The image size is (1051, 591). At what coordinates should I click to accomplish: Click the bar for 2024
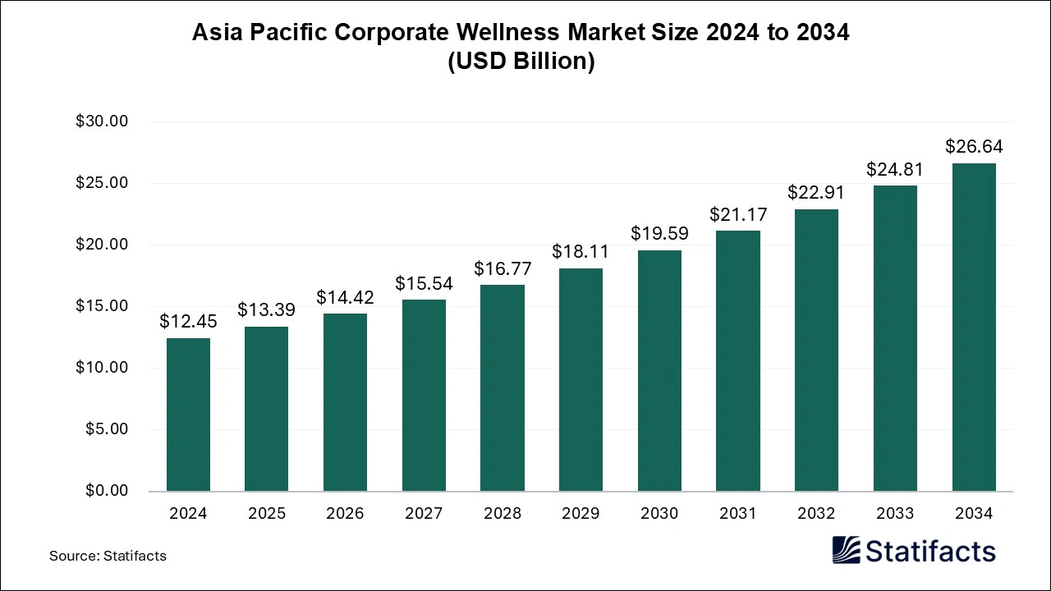(x=188, y=415)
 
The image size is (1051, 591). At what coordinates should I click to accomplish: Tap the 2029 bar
(x=581, y=379)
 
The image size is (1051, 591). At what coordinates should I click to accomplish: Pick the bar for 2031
(x=737, y=360)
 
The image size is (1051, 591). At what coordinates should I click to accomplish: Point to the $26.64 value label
(x=974, y=147)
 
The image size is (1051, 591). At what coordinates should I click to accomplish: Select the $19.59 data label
(x=659, y=233)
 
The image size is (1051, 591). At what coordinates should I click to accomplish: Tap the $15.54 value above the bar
(x=424, y=283)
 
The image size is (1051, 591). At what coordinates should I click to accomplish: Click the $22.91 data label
(x=816, y=192)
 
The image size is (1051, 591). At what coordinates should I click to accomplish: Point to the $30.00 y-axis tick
(x=102, y=121)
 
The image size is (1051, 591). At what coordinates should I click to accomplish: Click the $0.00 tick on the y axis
(x=106, y=491)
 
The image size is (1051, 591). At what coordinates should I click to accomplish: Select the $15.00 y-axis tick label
(x=102, y=306)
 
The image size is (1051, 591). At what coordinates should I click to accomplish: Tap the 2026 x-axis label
(x=345, y=514)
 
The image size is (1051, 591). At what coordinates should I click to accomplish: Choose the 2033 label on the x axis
(x=895, y=514)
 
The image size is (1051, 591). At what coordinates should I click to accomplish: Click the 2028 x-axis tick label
(x=503, y=514)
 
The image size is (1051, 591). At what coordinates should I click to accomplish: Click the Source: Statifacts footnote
(x=108, y=556)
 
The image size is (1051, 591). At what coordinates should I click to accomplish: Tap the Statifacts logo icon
(x=846, y=550)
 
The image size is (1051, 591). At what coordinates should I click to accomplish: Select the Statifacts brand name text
(x=929, y=551)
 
